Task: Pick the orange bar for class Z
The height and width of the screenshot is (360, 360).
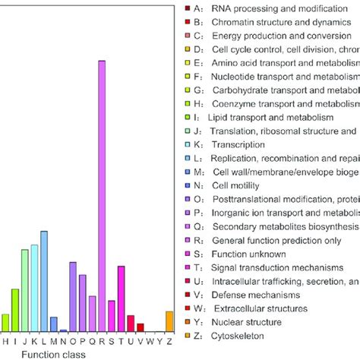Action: click(x=169, y=321)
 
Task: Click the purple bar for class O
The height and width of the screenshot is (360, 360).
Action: click(x=73, y=297)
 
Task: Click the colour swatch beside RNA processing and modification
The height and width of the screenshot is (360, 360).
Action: click(x=188, y=8)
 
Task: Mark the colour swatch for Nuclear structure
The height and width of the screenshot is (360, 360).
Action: click(x=188, y=323)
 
